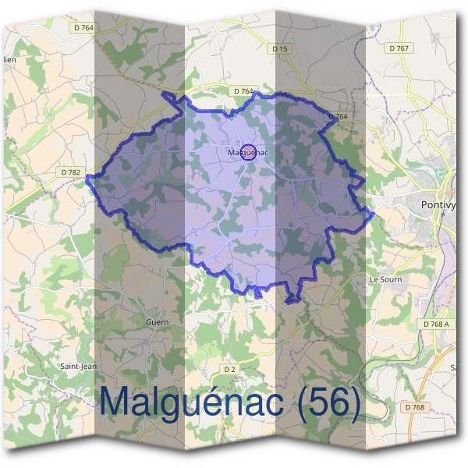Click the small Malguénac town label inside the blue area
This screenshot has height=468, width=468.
248,153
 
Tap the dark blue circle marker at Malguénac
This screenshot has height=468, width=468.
248,151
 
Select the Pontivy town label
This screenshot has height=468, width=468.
438,204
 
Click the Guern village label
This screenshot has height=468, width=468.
157,321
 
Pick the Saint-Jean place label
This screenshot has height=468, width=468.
79,365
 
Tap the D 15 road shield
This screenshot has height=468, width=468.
280,49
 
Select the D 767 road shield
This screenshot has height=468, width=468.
399,48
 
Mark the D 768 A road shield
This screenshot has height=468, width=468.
434,324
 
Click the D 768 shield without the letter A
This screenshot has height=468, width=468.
415,407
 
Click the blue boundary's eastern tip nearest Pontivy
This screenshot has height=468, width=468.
374,211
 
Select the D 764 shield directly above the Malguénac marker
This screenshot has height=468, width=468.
243,91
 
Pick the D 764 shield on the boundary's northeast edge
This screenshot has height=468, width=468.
338,117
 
